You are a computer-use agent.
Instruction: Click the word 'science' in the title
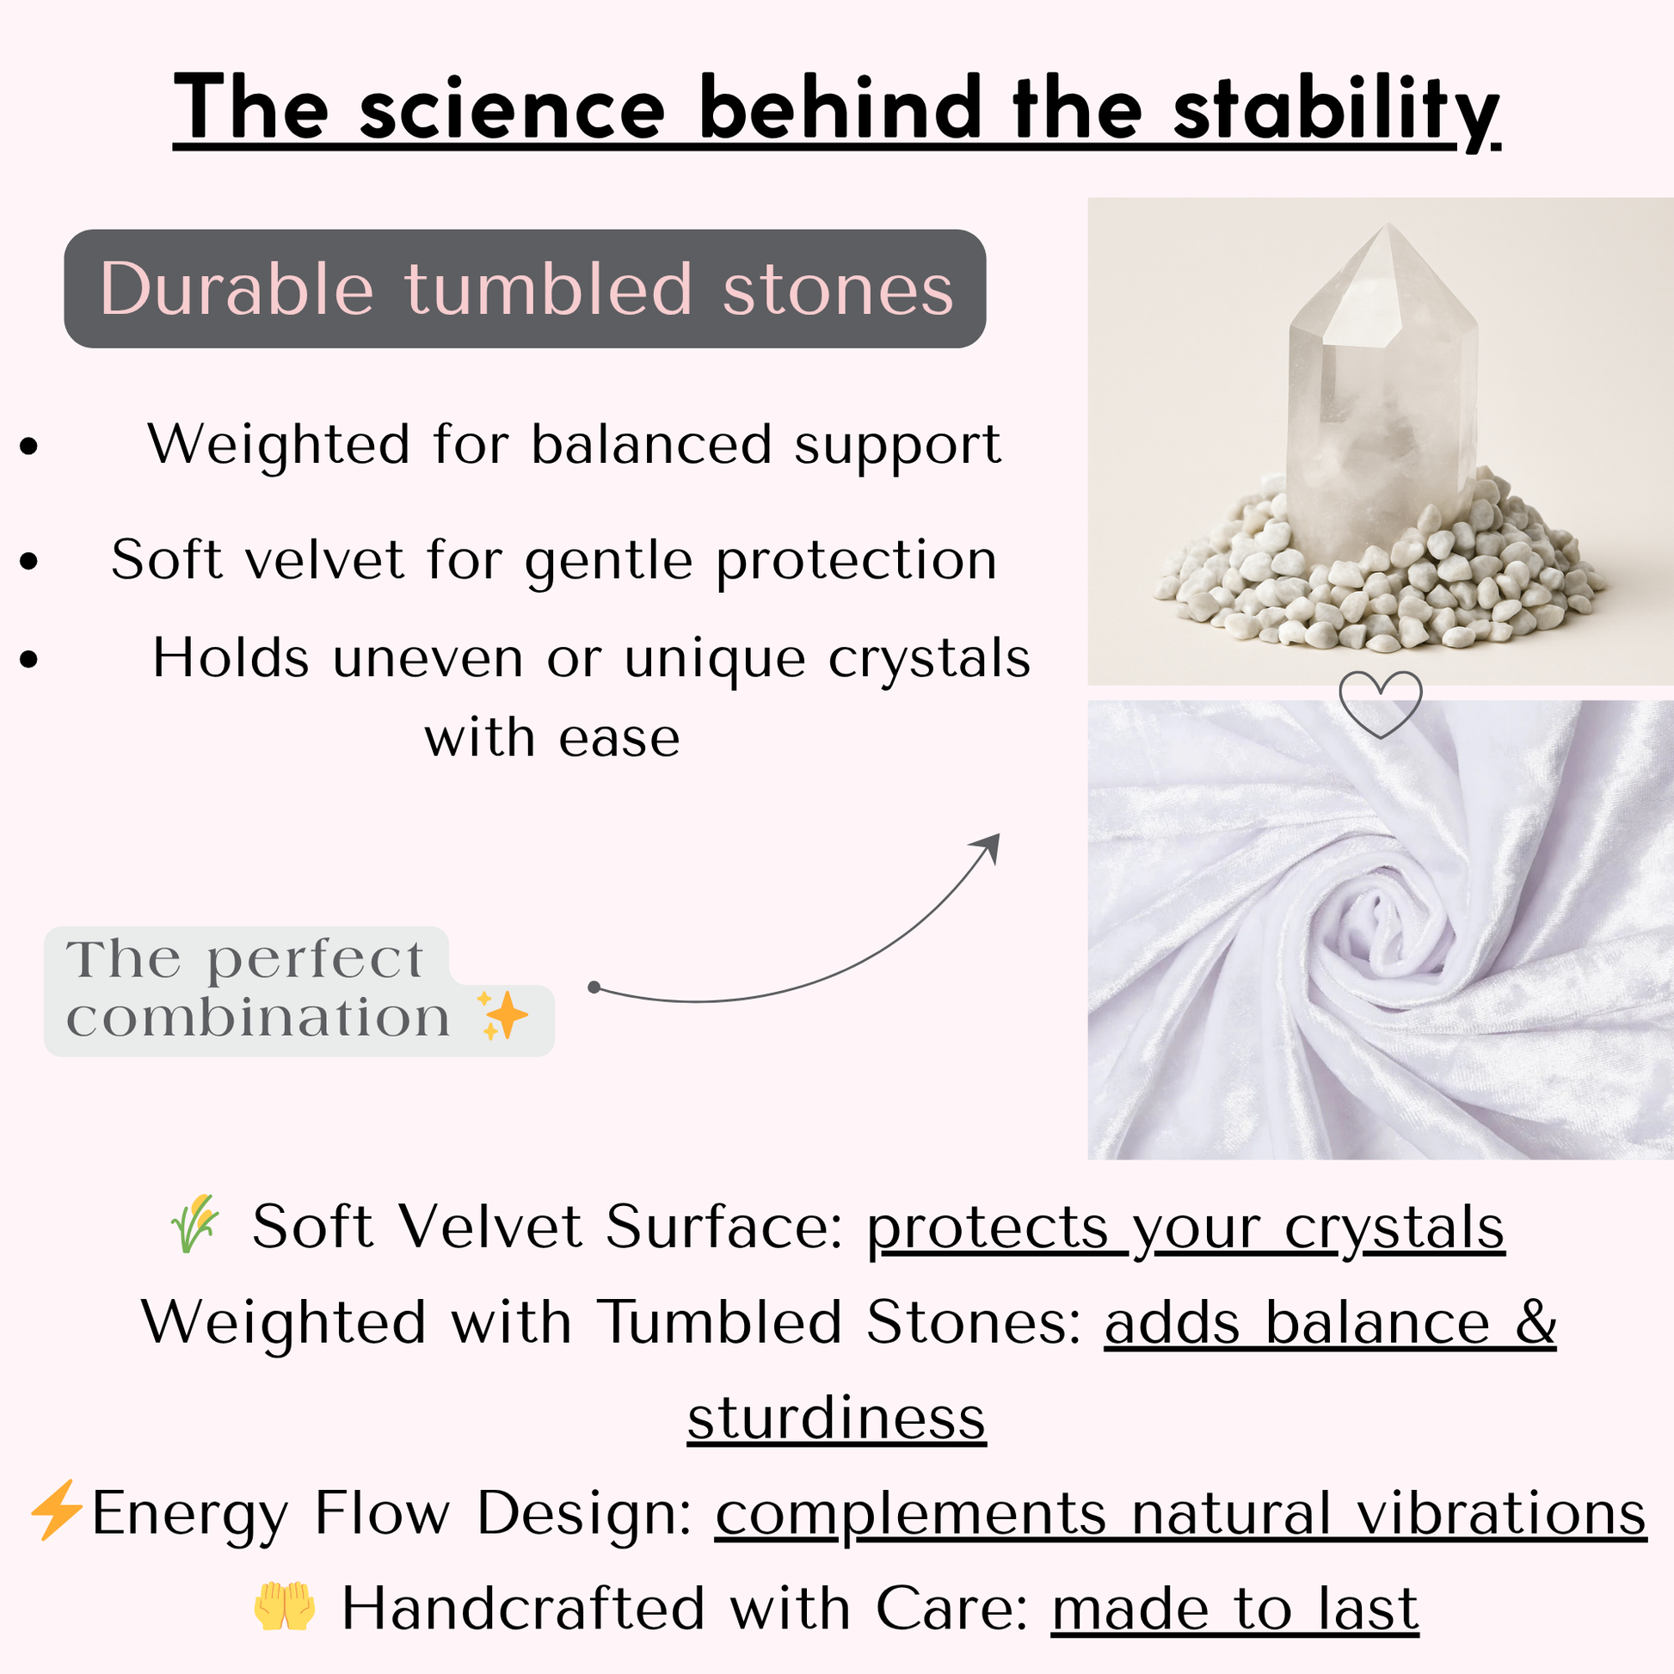[x=512, y=109]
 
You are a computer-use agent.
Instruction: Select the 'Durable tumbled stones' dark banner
[x=525, y=288]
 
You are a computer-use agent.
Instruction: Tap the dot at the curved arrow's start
[x=594, y=987]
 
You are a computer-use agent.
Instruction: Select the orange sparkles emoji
[x=502, y=1014]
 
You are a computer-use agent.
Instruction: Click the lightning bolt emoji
[x=56, y=1511]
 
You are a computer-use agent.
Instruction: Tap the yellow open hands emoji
[x=285, y=1606]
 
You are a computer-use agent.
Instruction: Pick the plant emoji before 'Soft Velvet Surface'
[x=196, y=1223]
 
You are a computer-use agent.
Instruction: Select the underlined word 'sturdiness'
[x=837, y=1419]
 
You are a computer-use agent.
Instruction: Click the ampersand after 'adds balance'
[x=1536, y=1322]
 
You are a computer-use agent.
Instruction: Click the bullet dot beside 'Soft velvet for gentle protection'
[x=29, y=561]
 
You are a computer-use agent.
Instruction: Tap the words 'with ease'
[x=552, y=738]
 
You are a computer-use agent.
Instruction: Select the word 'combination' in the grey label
[x=258, y=1018]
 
